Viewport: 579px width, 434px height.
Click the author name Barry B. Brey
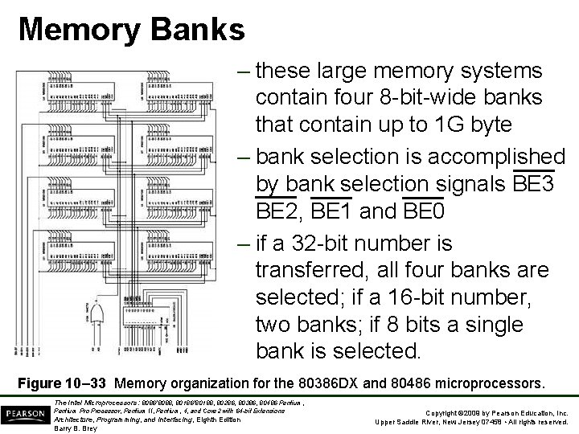click(76, 428)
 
